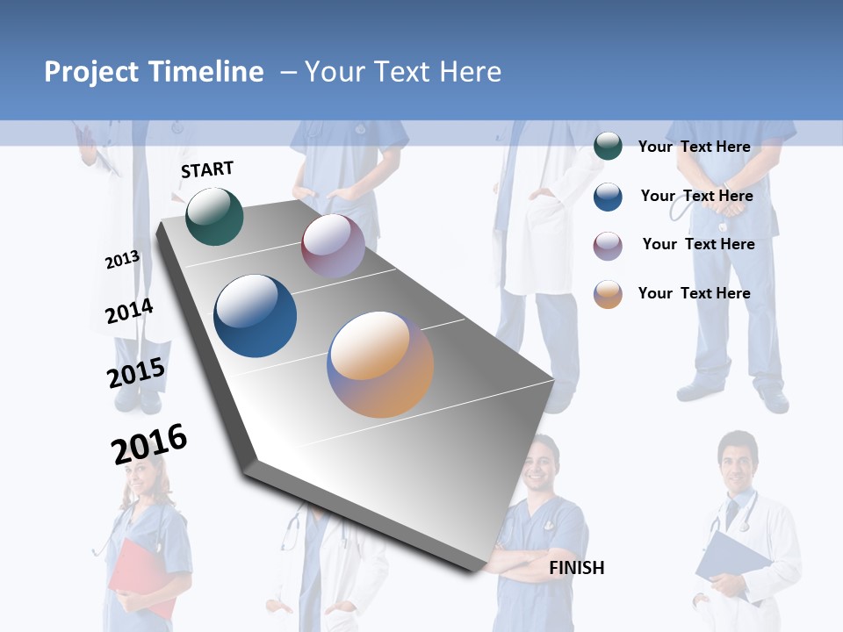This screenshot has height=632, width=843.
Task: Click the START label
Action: coord(207,169)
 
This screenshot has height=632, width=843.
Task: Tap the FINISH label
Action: coord(577,568)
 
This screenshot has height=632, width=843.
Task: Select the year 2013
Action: coord(122,260)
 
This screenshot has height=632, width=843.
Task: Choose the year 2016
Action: coord(149,444)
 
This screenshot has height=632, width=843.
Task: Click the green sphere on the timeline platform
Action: coord(214,216)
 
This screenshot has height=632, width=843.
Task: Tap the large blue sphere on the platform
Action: coord(256,316)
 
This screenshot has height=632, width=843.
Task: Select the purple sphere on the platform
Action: coord(333,246)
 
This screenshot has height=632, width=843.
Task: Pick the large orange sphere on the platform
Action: coord(380,364)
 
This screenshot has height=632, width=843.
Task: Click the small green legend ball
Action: coord(608,146)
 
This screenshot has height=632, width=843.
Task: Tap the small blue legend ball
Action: coord(608,197)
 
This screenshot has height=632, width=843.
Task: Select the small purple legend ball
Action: coord(608,246)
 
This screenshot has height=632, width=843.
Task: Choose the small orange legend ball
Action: coord(608,294)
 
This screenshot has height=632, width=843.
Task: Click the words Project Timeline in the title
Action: coord(154,72)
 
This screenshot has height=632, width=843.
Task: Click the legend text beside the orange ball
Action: coord(694,293)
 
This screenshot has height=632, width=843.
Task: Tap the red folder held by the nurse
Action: coord(139,575)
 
